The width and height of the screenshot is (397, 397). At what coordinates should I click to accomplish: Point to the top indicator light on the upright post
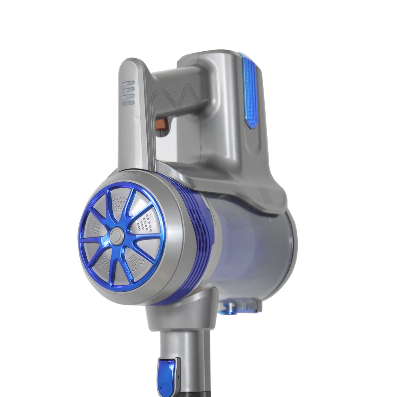point(129,84)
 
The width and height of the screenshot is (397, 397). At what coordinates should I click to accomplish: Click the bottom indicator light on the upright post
point(129,103)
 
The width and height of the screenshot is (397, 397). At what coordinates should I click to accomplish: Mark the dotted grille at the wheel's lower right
point(137,260)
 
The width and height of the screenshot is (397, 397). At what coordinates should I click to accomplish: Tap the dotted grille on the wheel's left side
point(94,228)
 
